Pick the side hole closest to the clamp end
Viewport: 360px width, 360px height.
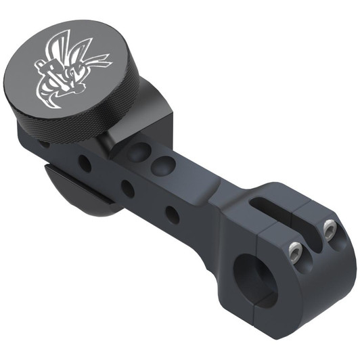coord(173,215)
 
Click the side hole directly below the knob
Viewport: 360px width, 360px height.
coord(85,162)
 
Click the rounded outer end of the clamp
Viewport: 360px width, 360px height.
coord(338,271)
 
